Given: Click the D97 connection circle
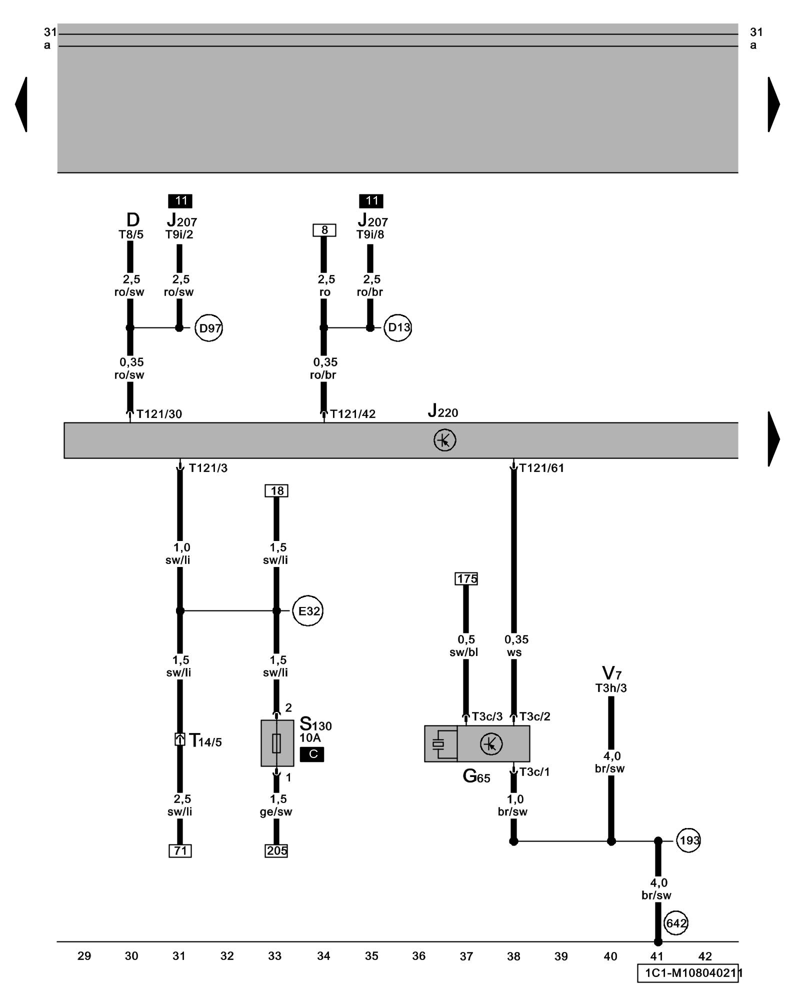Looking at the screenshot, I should (208, 328).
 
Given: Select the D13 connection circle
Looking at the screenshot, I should (398, 327).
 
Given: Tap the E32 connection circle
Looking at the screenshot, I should (308, 610).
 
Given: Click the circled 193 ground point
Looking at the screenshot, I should (688, 840).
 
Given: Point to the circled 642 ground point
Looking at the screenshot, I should (675, 923).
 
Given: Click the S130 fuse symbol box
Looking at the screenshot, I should (277, 743).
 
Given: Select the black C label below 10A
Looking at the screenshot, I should (312, 754).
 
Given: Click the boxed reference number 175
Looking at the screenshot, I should (466, 578).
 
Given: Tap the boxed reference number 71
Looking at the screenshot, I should (180, 850).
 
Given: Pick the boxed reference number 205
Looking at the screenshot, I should (276, 850).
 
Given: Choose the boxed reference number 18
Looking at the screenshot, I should (276, 490).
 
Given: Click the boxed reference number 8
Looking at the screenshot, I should (324, 230).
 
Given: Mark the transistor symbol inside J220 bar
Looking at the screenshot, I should (444, 440).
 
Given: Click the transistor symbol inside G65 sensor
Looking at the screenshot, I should (491, 744).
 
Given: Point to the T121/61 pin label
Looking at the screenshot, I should (541, 468).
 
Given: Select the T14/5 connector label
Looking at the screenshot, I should (205, 740).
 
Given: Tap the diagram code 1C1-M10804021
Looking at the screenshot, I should (688, 973).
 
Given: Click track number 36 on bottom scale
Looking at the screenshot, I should (419, 956).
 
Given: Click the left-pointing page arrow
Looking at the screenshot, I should (21, 104).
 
